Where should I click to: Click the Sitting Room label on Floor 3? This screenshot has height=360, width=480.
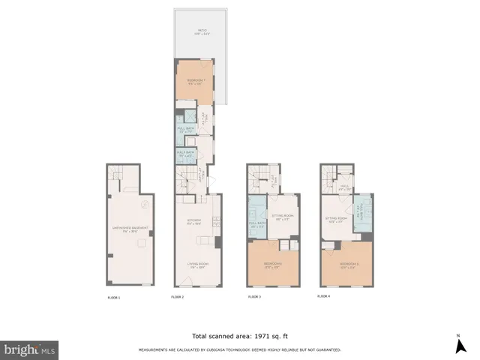coord(283,218)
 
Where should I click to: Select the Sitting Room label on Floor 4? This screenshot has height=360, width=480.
coord(334,220)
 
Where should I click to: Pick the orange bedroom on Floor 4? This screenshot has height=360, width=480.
coord(346,266)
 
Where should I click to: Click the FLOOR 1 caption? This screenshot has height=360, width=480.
coord(114,298)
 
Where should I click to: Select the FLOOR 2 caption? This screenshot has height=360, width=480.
coord(178,298)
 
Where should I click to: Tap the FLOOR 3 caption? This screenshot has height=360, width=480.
coord(254,298)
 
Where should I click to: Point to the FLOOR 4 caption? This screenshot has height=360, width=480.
coord(324,297)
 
